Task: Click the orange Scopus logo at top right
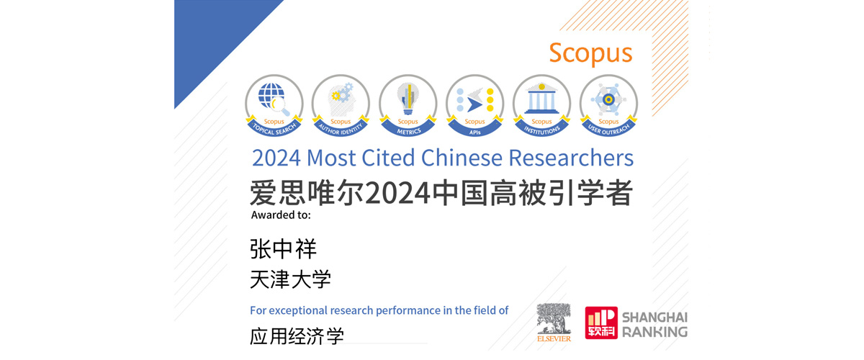(x=590, y=53)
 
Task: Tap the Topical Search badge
(x=274, y=105)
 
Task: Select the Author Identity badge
(x=341, y=105)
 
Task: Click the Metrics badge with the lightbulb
(x=408, y=105)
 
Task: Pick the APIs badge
(x=474, y=105)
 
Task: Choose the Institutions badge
(x=541, y=105)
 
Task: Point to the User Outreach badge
(x=608, y=105)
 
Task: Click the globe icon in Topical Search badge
(x=271, y=96)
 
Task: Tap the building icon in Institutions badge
(x=541, y=99)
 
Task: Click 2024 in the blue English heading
(x=276, y=158)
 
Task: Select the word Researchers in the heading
(x=571, y=158)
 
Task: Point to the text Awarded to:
(x=281, y=215)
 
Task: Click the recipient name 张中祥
(x=283, y=249)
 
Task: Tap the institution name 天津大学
(x=290, y=279)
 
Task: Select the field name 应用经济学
(x=297, y=336)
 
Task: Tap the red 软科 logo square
(x=601, y=323)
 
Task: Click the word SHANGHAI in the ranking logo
(x=655, y=318)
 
